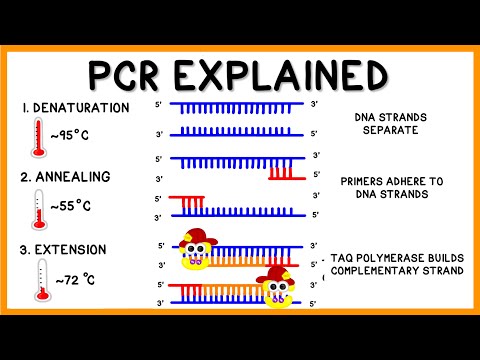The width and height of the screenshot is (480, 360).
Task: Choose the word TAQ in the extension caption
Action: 349,257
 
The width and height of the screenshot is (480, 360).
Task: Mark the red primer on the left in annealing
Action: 186,204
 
